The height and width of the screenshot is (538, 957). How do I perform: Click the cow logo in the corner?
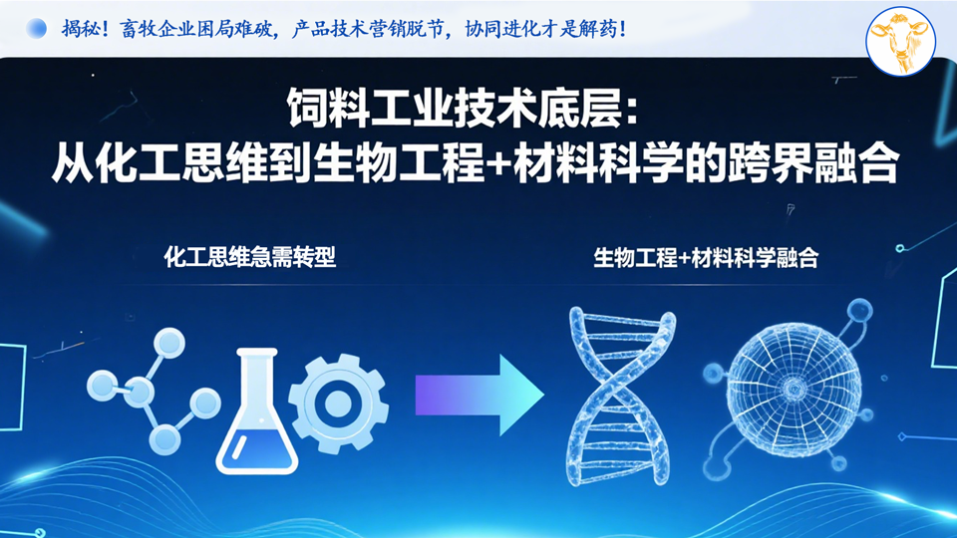[901, 41]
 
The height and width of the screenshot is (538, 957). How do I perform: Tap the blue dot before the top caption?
[37, 29]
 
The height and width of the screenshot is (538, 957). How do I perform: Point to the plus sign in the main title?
[499, 164]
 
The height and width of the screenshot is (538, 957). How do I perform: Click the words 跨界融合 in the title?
[813, 162]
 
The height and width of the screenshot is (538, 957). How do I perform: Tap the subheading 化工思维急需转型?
[249, 257]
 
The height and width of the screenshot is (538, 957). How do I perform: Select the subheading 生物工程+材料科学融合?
[706, 257]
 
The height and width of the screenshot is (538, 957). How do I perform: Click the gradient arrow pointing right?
[479, 396]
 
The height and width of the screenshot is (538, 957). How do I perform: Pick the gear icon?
[338, 403]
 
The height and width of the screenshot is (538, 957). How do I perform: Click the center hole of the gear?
[338, 403]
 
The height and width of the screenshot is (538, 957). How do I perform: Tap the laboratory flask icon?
[257, 410]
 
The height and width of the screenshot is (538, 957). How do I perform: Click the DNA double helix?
[621, 397]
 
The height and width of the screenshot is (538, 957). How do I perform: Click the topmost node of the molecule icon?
[169, 343]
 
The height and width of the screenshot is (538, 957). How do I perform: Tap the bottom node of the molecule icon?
[164, 438]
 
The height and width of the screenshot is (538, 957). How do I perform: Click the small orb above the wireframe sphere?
[859, 311]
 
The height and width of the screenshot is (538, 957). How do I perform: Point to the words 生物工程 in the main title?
[399, 162]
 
